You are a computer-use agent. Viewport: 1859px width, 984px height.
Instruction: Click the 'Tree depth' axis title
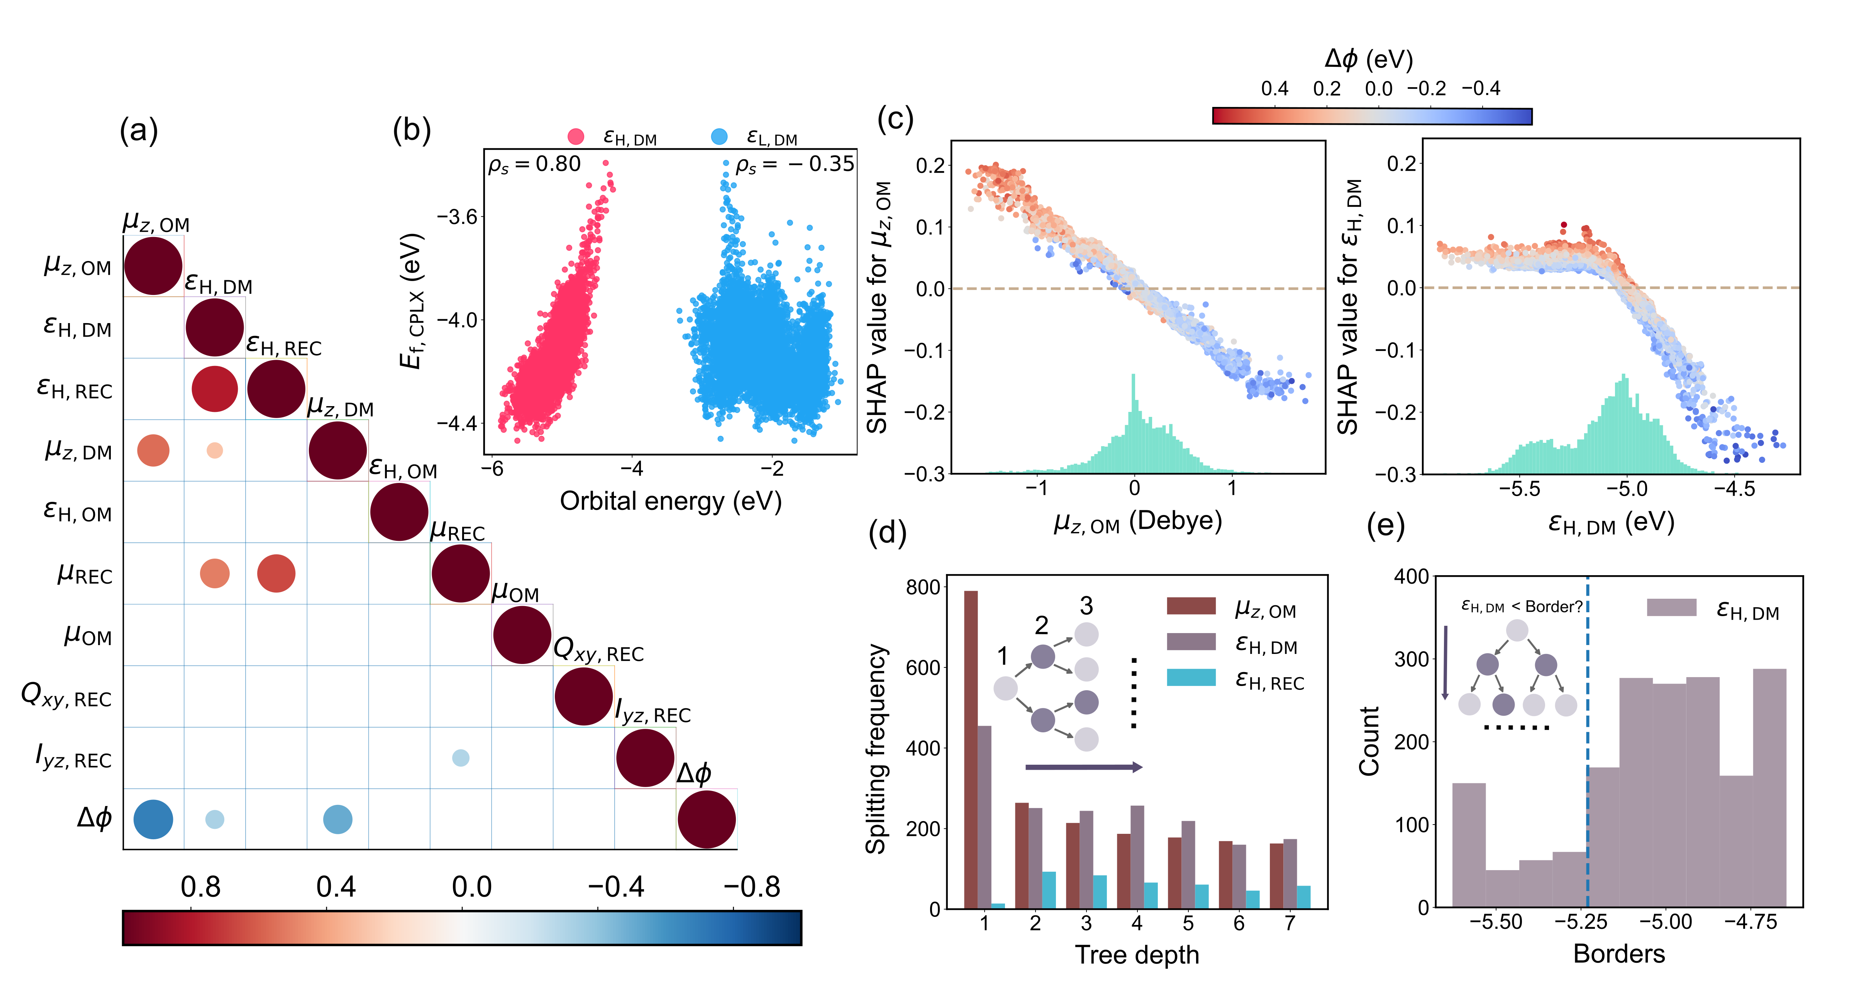(x=1137, y=954)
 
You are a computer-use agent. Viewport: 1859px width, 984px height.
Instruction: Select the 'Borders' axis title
(x=1619, y=954)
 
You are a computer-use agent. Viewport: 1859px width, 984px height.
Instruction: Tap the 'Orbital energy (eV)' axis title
(x=670, y=501)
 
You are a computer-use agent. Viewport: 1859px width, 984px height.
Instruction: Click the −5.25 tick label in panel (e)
(x=1580, y=922)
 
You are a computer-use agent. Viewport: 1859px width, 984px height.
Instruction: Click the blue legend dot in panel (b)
(x=719, y=136)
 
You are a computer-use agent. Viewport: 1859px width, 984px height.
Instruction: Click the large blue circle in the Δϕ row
(x=153, y=820)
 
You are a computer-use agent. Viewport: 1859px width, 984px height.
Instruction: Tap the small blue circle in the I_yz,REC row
(x=461, y=757)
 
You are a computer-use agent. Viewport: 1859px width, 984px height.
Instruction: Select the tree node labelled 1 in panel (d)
(x=1005, y=688)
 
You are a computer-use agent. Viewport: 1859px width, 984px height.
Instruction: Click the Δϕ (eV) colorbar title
(x=1368, y=59)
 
